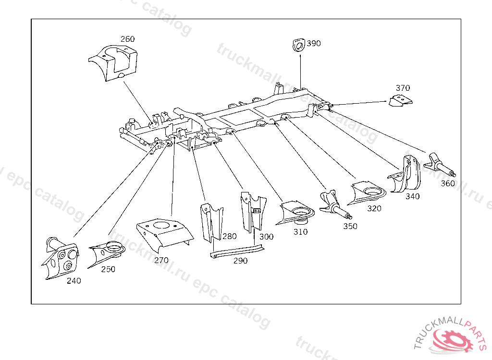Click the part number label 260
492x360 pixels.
click(x=127, y=39)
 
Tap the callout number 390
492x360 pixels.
click(x=314, y=44)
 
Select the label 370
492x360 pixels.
click(x=403, y=88)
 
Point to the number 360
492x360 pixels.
click(x=447, y=183)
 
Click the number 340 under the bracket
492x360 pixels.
click(x=412, y=196)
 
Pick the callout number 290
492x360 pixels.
click(x=240, y=261)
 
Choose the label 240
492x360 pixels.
click(x=74, y=281)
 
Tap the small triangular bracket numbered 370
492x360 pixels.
click(x=401, y=101)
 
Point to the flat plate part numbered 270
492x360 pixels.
click(x=165, y=233)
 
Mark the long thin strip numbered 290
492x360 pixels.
click(x=237, y=251)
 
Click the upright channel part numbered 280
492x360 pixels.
click(x=211, y=222)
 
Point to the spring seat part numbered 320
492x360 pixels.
click(x=368, y=192)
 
